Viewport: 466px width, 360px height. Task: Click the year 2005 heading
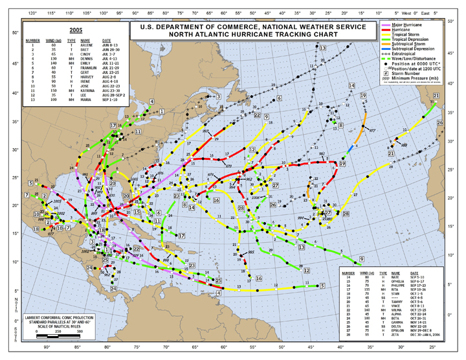coord(76,30)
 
